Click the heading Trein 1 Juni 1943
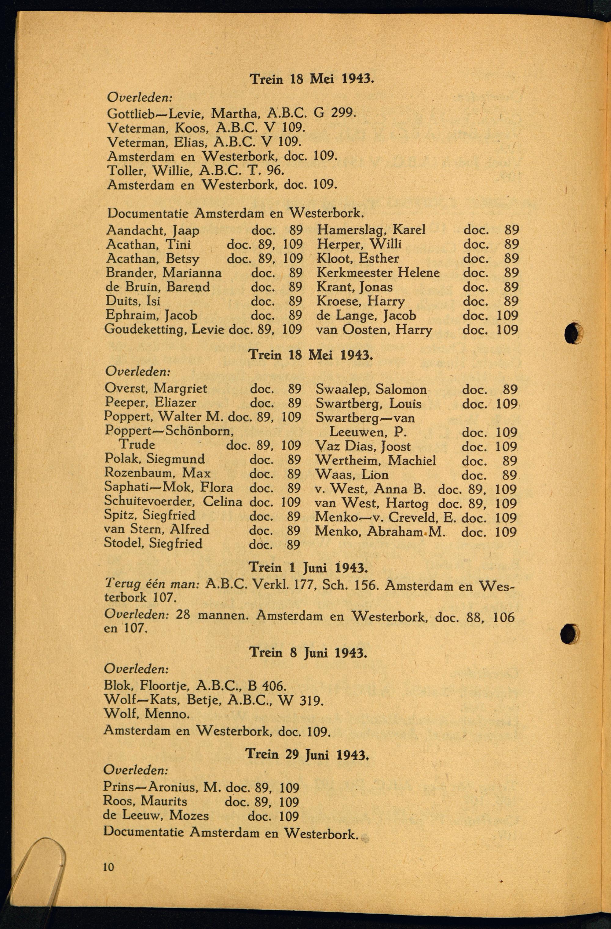click(x=308, y=567)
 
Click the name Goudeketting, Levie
click(x=164, y=330)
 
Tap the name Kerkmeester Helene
click(x=378, y=273)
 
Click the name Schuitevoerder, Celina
click(x=173, y=502)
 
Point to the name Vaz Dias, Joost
click(x=363, y=446)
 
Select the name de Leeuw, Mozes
click(x=155, y=816)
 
